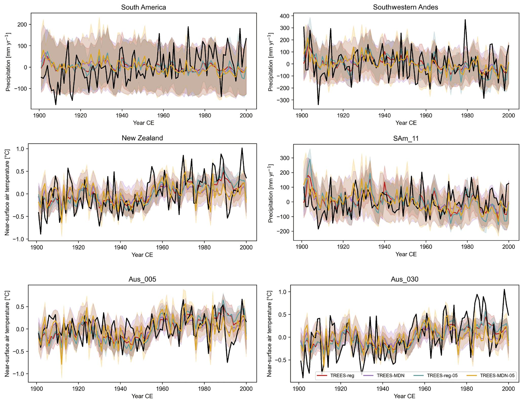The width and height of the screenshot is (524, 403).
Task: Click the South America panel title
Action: pos(143,7)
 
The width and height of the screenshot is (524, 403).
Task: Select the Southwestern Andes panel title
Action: pos(405,7)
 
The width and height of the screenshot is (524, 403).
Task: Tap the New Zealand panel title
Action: pos(142,138)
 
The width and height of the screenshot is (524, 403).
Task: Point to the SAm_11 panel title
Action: pos(406,138)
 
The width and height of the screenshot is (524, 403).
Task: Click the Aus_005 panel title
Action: pos(142,279)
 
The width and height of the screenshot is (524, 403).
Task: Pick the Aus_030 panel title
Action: pos(404,279)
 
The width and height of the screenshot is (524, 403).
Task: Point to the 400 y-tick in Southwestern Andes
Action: pos(285,16)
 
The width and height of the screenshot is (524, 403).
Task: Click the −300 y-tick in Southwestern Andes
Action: pos(282,100)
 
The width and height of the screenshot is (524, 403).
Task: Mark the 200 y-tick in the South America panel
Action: pos(22,25)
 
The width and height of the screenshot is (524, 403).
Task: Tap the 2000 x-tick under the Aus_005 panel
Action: pos(246,389)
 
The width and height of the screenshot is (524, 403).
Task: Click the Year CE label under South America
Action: pos(143,123)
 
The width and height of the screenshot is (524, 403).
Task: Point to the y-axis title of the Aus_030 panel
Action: pos(269,334)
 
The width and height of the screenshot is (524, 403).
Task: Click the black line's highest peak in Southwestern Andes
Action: pos(465,20)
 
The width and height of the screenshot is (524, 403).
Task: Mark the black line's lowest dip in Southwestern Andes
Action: pos(318,104)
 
